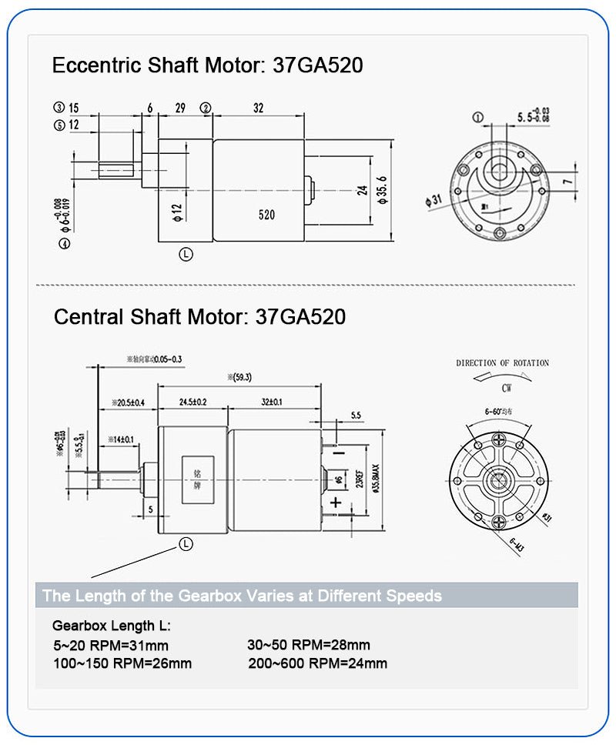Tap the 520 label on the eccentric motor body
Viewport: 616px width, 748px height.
pyautogui.click(x=266, y=215)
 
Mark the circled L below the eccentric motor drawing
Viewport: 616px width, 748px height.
pyautogui.click(x=186, y=254)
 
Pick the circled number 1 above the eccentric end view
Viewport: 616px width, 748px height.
pyautogui.click(x=477, y=118)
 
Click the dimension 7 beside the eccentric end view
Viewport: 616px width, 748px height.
pyautogui.click(x=567, y=182)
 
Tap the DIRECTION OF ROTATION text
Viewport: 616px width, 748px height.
pyautogui.click(x=502, y=363)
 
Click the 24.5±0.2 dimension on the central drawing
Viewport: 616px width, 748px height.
pyautogui.click(x=192, y=402)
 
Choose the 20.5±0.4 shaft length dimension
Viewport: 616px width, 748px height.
pyautogui.click(x=128, y=402)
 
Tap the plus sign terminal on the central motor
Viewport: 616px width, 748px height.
pyautogui.click(x=336, y=503)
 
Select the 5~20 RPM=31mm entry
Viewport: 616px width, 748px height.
pyautogui.click(x=111, y=646)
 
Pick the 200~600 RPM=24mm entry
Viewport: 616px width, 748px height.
pyautogui.click(x=317, y=663)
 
